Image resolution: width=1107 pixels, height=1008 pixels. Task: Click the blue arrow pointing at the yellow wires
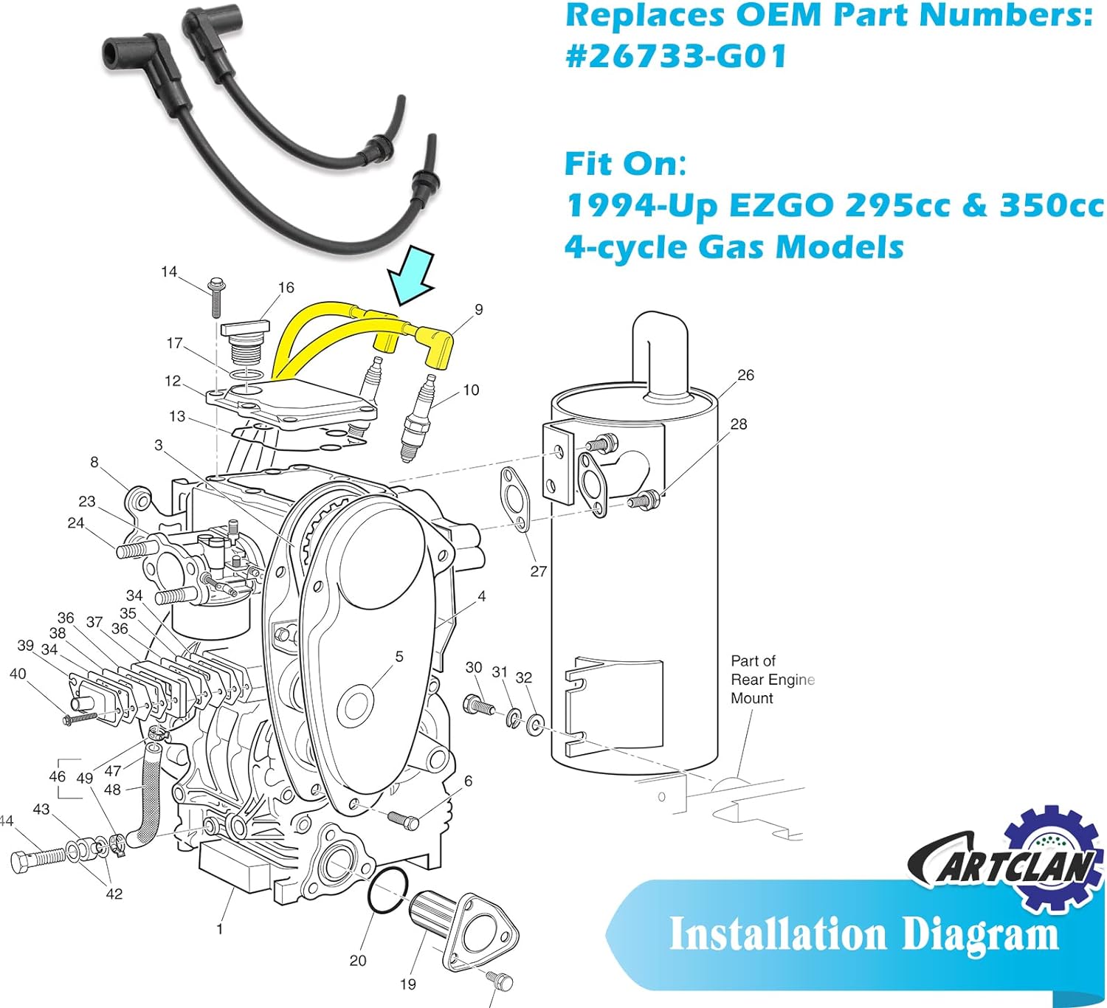[413, 279]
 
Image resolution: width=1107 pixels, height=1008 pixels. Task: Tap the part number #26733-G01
[676, 56]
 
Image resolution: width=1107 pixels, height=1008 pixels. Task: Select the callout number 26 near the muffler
[746, 375]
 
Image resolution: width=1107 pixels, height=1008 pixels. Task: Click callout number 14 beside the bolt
[169, 272]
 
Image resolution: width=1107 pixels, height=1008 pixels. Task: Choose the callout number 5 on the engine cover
[399, 656]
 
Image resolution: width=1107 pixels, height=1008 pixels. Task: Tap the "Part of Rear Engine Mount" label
[771, 679]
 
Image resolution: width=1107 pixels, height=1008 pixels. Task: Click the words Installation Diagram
[863, 934]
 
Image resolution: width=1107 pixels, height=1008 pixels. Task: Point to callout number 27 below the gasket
[539, 570]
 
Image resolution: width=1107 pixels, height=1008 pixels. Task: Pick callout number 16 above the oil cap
[286, 287]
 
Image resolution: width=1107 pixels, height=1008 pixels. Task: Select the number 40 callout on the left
[18, 674]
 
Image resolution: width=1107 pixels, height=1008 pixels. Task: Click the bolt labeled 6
[404, 819]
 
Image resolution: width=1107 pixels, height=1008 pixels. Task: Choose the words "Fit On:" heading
[625, 164]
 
